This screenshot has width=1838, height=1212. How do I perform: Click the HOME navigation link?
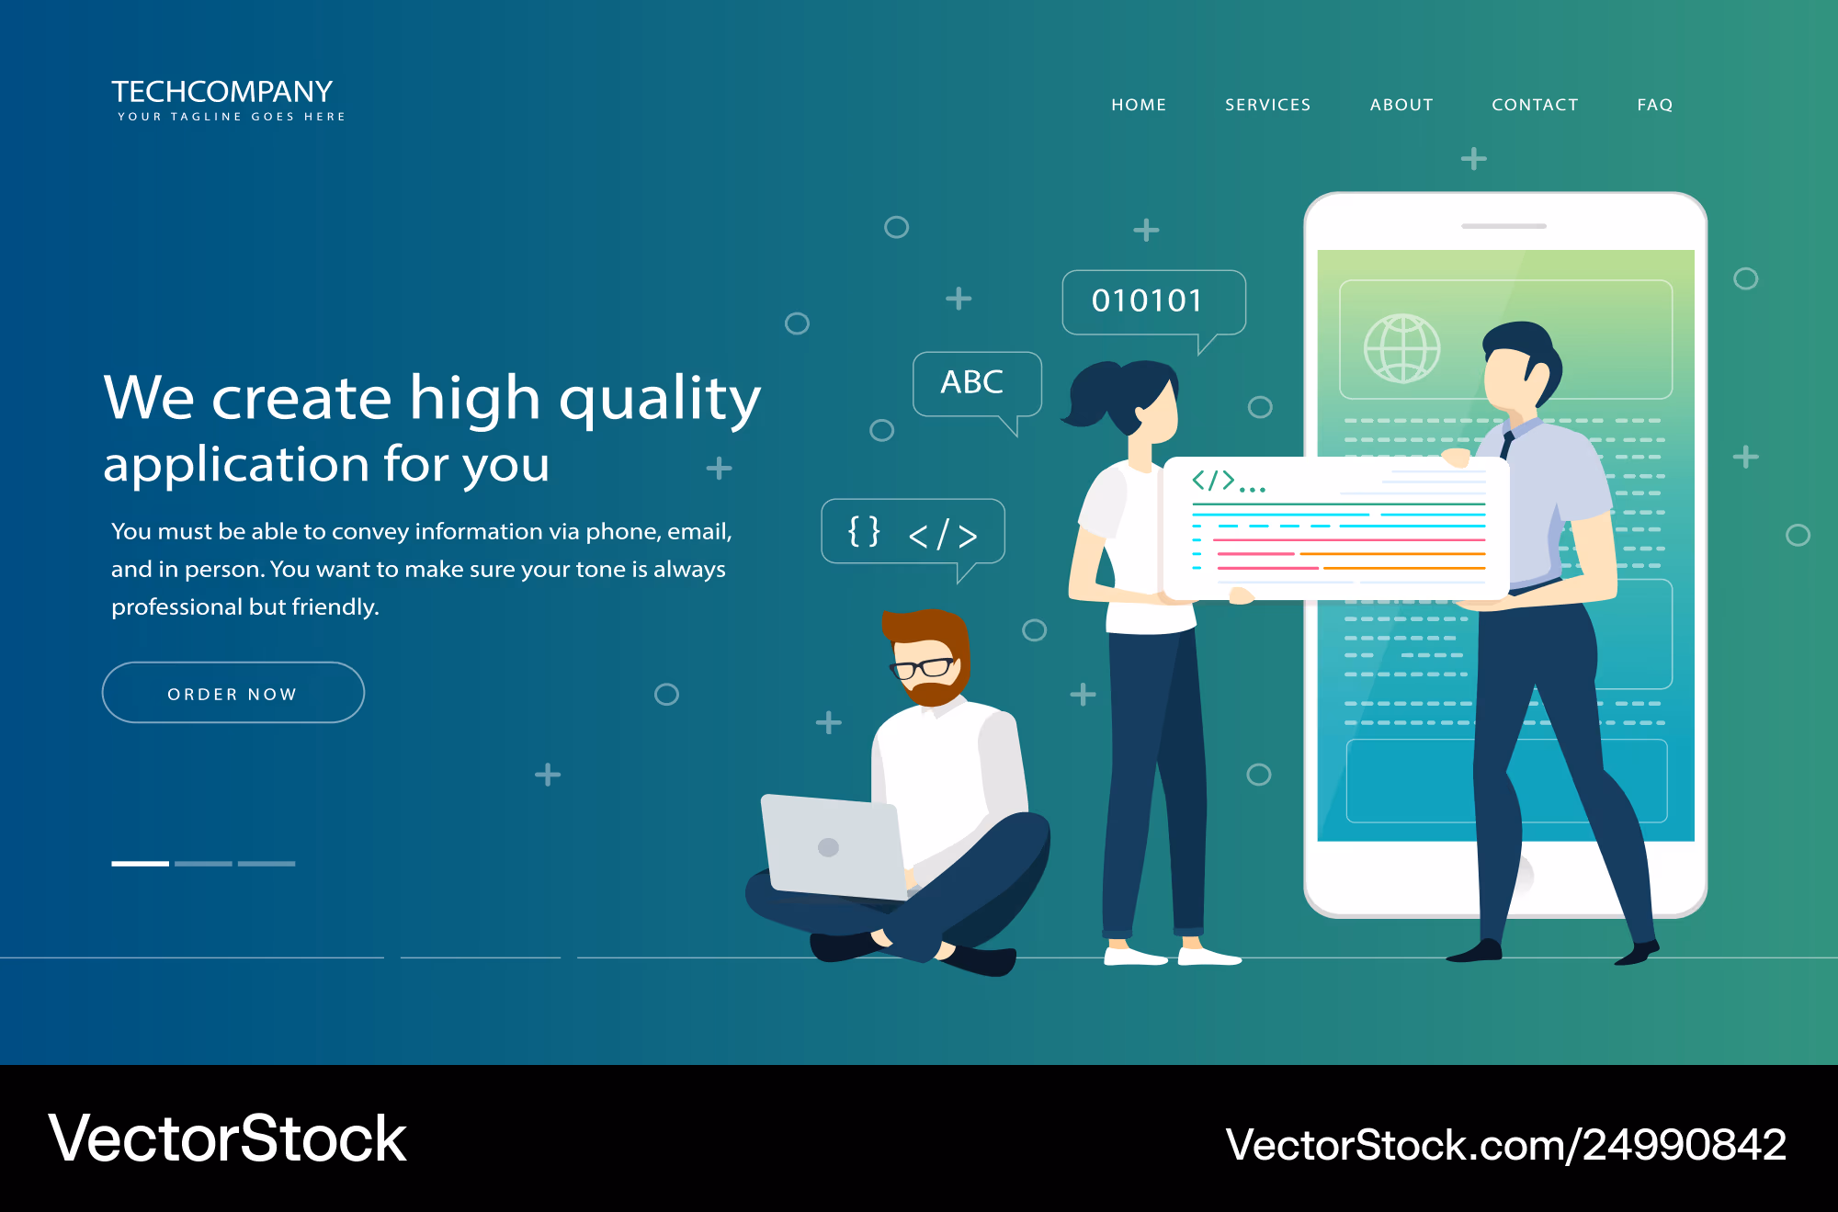coord(1139,105)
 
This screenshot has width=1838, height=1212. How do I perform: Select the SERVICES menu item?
coord(1268,105)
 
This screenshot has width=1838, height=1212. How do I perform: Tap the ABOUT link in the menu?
coord(1401,105)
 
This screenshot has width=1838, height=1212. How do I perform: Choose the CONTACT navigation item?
coord(1535,105)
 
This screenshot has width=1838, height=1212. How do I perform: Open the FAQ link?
coord(1655,105)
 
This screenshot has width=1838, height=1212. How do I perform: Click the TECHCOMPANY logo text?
coord(222,92)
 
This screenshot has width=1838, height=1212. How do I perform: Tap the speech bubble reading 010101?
coord(1153,302)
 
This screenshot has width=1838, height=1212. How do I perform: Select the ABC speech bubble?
coord(977,384)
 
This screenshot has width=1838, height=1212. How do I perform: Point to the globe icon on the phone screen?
coord(1401,348)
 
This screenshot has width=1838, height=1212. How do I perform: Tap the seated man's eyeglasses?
coord(922,667)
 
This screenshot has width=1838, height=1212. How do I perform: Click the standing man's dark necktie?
coord(1507,446)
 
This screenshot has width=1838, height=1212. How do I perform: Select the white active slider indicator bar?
coord(140,864)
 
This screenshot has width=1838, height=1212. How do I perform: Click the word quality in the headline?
coord(660,399)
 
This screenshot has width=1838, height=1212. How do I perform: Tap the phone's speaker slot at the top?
coord(1504,226)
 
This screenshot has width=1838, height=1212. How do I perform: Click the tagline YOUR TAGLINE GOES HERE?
coord(232,117)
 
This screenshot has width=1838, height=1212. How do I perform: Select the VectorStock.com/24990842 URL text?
coord(1505,1145)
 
